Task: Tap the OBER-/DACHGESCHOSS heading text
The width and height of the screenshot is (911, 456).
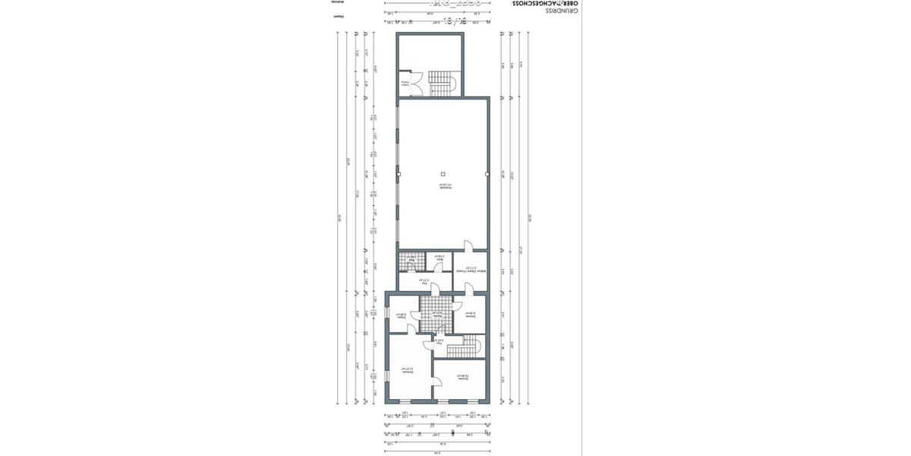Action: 544,4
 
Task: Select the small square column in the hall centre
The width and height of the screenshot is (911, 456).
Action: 443,174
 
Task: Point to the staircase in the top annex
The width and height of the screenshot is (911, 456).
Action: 441,83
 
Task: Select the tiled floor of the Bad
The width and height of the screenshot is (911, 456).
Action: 410,261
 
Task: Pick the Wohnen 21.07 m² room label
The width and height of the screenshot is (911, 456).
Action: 408,370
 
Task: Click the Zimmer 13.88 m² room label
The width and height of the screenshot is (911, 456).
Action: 461,377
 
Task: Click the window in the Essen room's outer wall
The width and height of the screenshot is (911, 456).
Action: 386,312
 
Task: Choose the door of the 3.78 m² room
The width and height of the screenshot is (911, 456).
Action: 438,267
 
